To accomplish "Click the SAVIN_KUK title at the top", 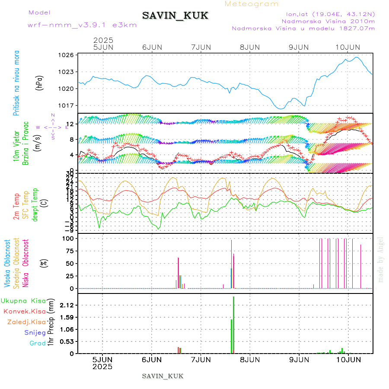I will [x=175, y=16].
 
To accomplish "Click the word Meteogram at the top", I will [x=252, y=4].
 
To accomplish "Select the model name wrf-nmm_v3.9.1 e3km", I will [x=82, y=25].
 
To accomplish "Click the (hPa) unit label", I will [x=40, y=82].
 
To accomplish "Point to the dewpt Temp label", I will [x=35, y=204].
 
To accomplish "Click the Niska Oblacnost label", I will [x=26, y=263].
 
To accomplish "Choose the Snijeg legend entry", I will [x=36, y=332].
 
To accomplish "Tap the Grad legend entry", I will [x=38, y=343].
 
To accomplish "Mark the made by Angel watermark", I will [x=381, y=259].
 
